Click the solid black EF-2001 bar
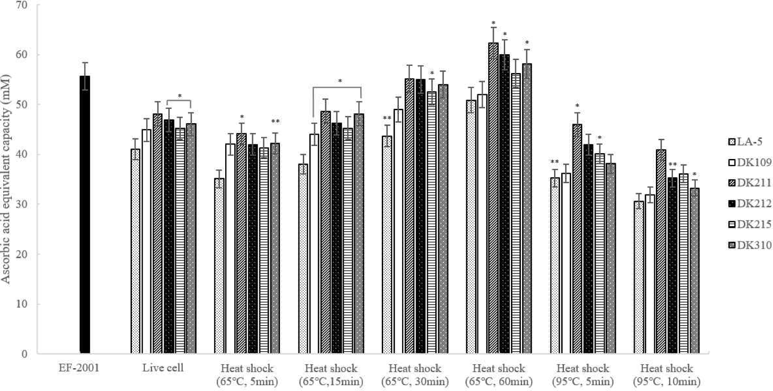[85, 215]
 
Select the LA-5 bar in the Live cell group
[135, 251]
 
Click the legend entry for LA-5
[749, 142]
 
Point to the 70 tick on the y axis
[22, 5]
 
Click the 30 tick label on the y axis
[22, 204]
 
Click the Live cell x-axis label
[163, 368]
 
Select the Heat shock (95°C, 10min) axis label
[667, 375]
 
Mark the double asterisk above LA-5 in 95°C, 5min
[555, 162]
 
